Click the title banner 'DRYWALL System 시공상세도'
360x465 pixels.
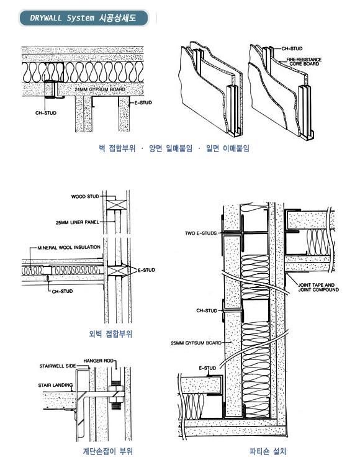pyautogui.click(x=84, y=18)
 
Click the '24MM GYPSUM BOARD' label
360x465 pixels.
pyautogui.click(x=100, y=89)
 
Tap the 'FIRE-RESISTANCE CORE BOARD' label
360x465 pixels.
pyautogui.click(x=304, y=61)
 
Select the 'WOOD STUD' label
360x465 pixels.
pyautogui.click(x=85, y=196)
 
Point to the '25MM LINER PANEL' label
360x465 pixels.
pyautogui.click(x=78, y=222)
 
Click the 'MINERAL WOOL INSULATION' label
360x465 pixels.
pyautogui.click(x=69, y=247)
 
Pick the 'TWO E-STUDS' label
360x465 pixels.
pyautogui.click(x=200, y=233)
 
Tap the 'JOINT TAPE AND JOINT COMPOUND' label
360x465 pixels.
pyautogui.click(x=318, y=287)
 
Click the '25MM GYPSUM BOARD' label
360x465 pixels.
pyautogui.click(x=196, y=343)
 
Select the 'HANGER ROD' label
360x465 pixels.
pyautogui.click(x=99, y=361)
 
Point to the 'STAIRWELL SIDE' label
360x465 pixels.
pyautogui.click(x=58, y=366)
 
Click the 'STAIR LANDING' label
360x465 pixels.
pyautogui.click(x=55, y=386)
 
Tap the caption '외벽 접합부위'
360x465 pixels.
pyautogui.click(x=110, y=334)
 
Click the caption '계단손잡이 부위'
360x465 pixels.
pyautogui.click(x=107, y=451)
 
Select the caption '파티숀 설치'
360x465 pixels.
pyautogui.click(x=268, y=451)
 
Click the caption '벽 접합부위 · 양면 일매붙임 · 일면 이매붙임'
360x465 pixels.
pyautogui.click(x=174, y=148)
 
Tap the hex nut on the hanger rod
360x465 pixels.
pyautogui.click(x=116, y=389)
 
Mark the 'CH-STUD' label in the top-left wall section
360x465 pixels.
pyautogui.click(x=46, y=113)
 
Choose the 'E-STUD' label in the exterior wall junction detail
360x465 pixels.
pyautogui.click(x=146, y=270)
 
